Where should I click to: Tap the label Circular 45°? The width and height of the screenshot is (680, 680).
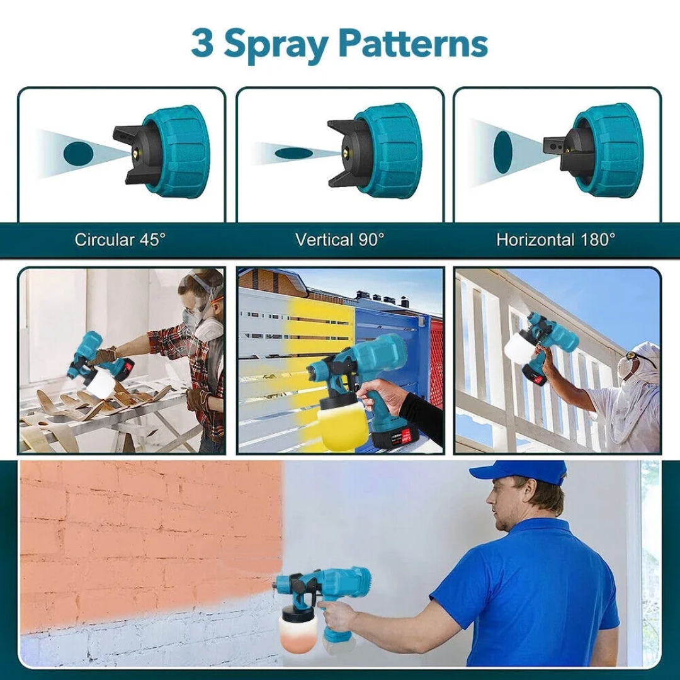coord(120,240)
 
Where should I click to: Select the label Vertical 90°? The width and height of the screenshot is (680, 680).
coord(340,240)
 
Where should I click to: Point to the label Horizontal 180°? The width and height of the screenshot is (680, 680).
coord(556,240)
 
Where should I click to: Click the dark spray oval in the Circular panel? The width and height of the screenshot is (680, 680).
coord(77,152)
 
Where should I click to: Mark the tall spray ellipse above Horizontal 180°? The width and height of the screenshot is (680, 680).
coord(503,149)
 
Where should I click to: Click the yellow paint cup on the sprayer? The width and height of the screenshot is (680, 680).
coord(344,427)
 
